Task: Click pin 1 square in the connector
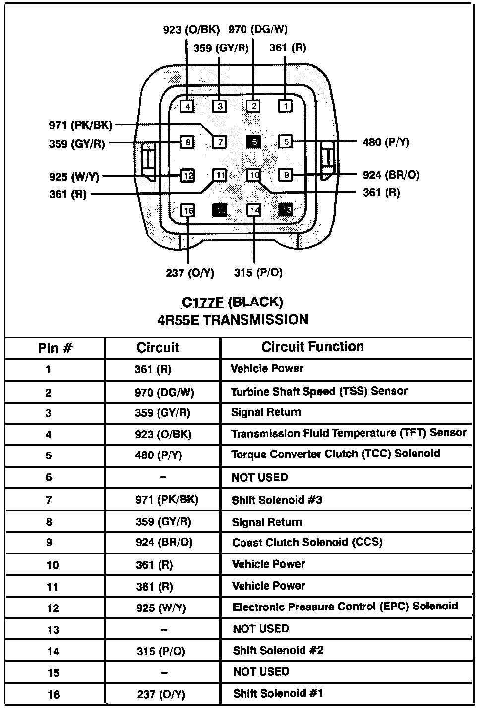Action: (285, 105)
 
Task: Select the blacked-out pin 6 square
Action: (253, 142)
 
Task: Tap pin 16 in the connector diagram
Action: (188, 211)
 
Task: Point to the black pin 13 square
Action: (286, 210)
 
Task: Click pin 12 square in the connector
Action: (187, 175)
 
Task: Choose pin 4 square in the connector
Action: (187, 106)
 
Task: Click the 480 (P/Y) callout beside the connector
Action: (386, 142)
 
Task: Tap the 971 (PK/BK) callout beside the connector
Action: (80, 125)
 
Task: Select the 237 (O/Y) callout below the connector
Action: (190, 273)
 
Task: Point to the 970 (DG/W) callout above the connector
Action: (258, 30)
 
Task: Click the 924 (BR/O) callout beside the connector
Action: (391, 175)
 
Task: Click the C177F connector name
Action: (202, 302)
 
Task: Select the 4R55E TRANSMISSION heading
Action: (233, 320)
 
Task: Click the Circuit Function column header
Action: (312, 347)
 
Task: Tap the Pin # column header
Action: (55, 348)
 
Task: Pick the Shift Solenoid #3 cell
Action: (277, 500)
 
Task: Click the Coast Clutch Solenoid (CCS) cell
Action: (307, 542)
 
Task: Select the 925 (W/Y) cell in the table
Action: (161, 607)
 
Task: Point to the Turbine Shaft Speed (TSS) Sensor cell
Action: (319, 392)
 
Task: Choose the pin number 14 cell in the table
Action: (53, 651)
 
